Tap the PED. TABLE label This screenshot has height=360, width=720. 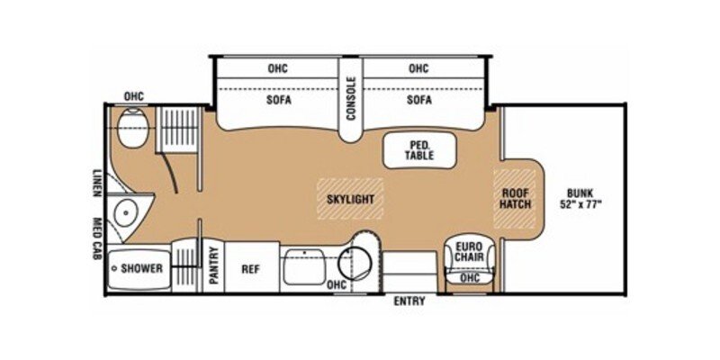tap(419, 149)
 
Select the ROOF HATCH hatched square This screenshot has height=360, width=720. tap(516, 197)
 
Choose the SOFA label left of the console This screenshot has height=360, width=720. tap(277, 100)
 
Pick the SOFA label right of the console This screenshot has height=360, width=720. tap(418, 100)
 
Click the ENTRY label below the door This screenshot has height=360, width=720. tap(409, 301)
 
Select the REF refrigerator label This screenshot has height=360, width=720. tap(249, 268)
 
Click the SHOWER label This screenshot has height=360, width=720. tap(142, 268)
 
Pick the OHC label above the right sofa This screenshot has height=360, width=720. tap(418, 67)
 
